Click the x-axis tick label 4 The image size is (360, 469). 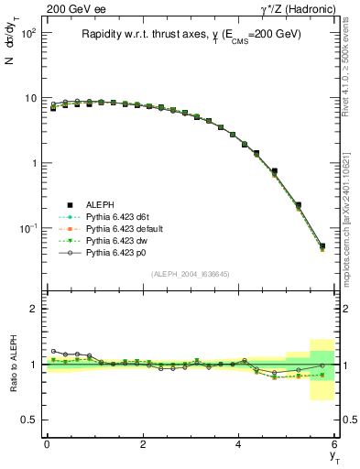click(239, 444)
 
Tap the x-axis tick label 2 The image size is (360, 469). click(143, 444)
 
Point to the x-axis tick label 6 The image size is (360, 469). click(334, 444)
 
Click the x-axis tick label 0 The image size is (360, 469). click(47, 444)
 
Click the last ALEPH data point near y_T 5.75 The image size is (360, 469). click(322, 245)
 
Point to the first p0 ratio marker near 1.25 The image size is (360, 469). click(54, 351)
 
